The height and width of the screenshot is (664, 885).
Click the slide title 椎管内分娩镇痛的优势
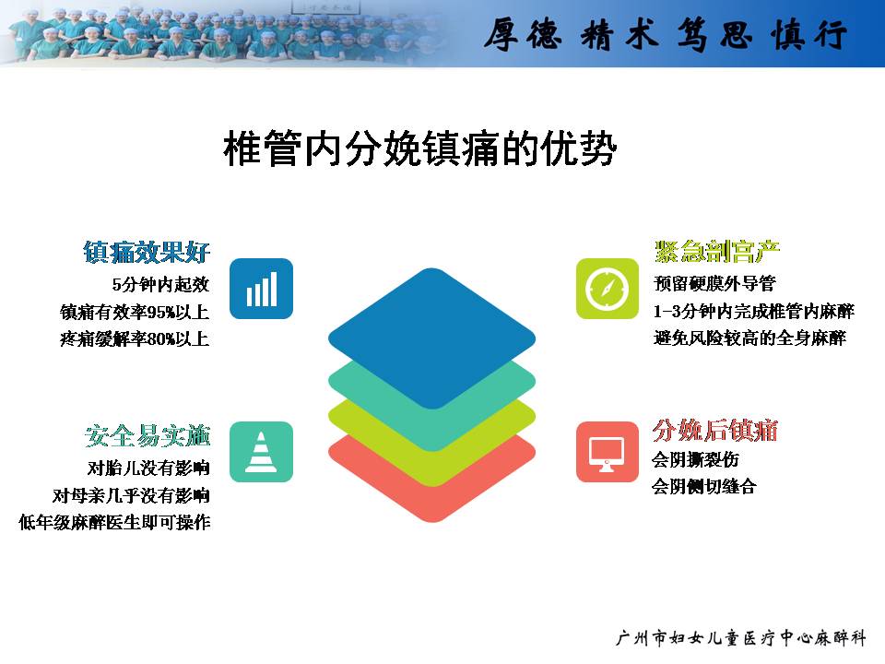point(420,149)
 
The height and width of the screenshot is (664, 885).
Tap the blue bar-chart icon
point(261,289)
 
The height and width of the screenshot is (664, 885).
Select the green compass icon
point(608,289)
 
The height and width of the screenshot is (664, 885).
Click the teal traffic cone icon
point(261,452)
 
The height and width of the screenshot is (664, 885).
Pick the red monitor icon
point(608,452)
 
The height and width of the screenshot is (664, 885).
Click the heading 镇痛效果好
point(147,252)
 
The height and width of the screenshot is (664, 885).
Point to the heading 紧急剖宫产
point(717,251)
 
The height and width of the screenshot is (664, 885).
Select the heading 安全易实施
point(147,436)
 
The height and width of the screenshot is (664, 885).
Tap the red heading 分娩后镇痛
point(715,431)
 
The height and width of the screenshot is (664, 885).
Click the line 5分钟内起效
point(160,285)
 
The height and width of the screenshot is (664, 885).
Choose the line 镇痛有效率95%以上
point(135,312)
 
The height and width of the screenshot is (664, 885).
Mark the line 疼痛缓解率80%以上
point(135,338)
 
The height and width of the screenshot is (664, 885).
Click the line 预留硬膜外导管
point(714,283)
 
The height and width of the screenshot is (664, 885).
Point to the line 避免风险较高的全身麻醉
point(749,338)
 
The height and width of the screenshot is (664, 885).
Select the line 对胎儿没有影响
point(148,468)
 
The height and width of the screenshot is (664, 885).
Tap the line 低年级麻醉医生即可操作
point(114,522)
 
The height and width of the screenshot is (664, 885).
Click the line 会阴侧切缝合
point(703,486)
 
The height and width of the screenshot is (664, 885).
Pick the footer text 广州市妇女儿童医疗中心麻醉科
point(740,638)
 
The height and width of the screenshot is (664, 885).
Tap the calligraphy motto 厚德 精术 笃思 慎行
point(666,34)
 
